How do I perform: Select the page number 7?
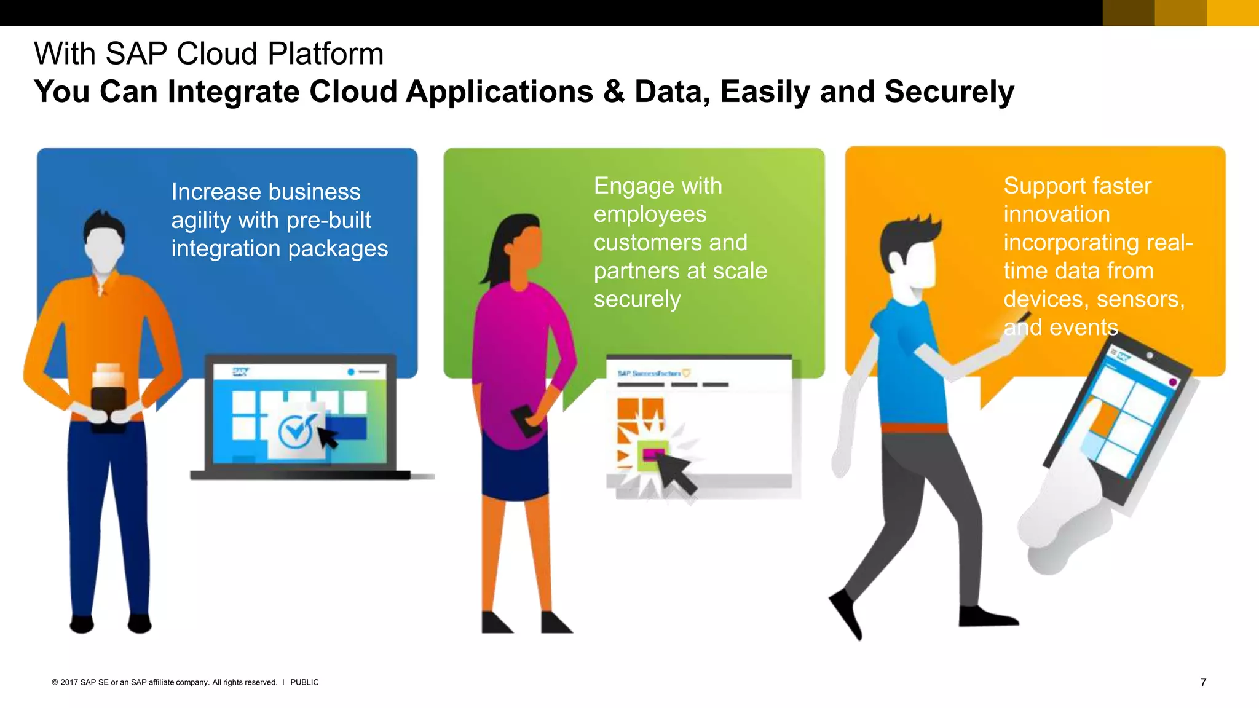point(1203,682)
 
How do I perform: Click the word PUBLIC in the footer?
point(304,682)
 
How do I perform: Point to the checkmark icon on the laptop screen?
point(296,431)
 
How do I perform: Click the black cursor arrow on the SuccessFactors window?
point(676,473)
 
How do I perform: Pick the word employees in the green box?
point(650,214)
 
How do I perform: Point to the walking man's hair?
point(910,234)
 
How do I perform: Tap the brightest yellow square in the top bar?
point(1232,13)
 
